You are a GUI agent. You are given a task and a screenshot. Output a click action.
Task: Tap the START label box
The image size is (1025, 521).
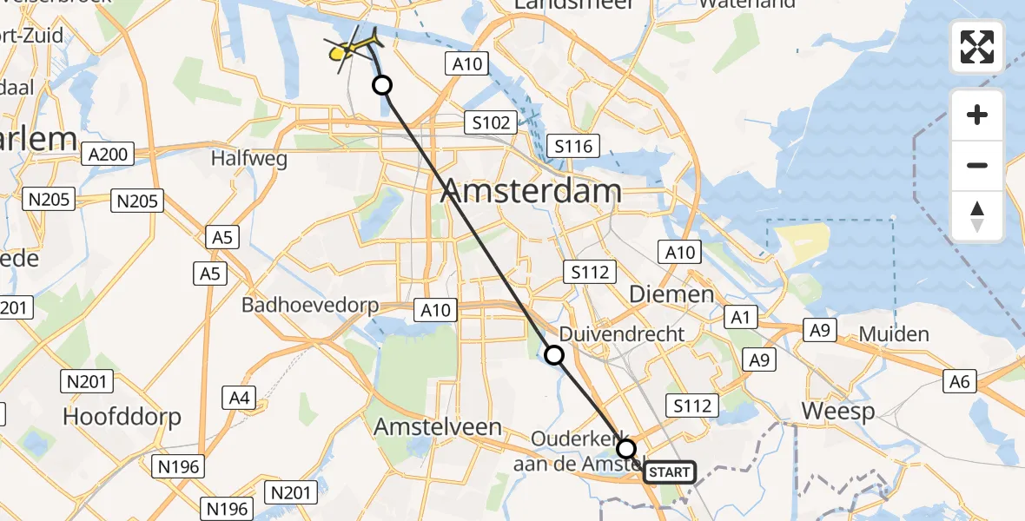(x=669, y=472)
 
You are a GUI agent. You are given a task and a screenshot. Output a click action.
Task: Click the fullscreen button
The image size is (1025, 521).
(x=977, y=47)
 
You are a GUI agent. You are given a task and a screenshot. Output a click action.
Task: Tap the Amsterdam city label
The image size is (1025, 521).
(x=531, y=191)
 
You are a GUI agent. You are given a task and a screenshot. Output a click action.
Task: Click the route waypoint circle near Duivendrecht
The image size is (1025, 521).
(x=553, y=354)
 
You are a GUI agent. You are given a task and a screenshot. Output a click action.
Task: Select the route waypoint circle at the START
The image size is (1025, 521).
(x=626, y=449)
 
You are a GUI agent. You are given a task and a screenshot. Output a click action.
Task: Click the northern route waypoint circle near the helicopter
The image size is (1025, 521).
(x=381, y=85)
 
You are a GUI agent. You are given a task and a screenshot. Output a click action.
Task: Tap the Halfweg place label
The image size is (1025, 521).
(x=243, y=159)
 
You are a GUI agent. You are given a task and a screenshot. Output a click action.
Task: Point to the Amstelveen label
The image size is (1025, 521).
(x=438, y=426)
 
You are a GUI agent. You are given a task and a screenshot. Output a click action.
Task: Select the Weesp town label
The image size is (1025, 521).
(x=837, y=411)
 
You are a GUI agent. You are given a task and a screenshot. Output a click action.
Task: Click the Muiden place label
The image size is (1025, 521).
(x=894, y=333)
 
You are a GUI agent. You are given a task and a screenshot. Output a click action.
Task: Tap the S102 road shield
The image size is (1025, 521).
(x=491, y=122)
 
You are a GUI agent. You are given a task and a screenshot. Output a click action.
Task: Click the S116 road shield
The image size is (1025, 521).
(x=572, y=146)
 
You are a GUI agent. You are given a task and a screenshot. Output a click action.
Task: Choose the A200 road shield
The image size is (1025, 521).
(x=108, y=155)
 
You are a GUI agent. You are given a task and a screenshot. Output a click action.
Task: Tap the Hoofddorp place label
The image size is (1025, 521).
(x=122, y=417)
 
